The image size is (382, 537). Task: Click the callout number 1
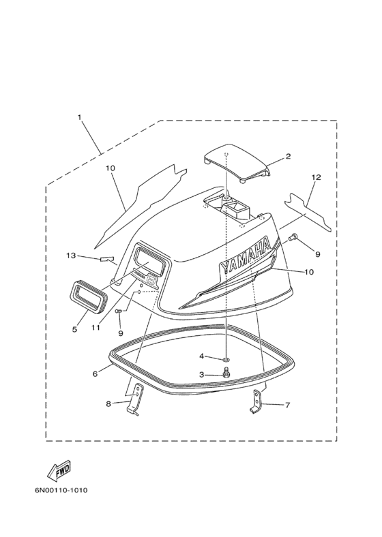click(80, 117)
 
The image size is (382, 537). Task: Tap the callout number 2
click(288, 156)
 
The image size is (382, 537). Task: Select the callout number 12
click(316, 177)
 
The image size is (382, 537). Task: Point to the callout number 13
click(71, 256)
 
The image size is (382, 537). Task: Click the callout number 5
click(74, 329)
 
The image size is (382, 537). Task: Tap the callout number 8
click(108, 404)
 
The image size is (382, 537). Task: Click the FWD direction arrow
click(59, 468)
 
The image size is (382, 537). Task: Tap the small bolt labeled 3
click(226, 372)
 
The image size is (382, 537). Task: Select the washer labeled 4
click(226, 359)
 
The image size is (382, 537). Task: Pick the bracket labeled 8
click(134, 399)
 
